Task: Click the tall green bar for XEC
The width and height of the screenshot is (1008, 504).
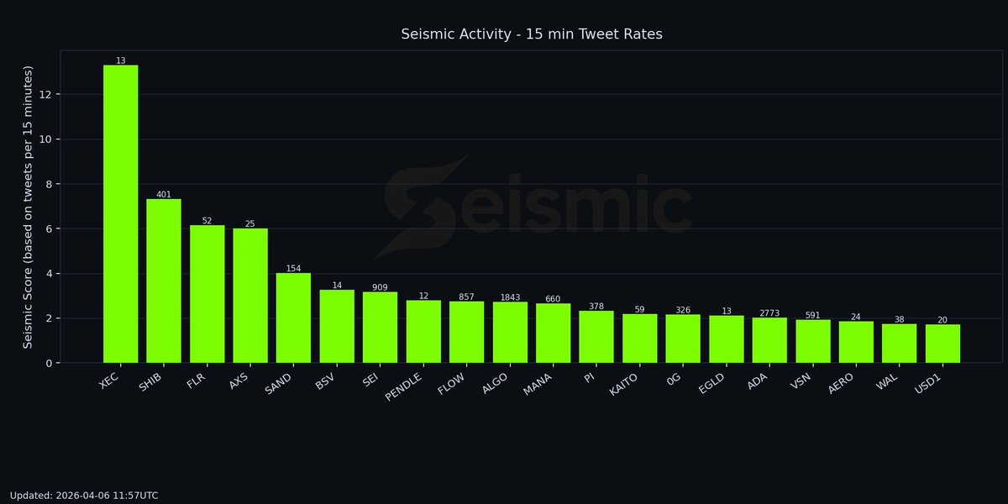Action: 121,214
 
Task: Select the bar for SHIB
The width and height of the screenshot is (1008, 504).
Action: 164,281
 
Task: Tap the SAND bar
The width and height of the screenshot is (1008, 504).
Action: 294,318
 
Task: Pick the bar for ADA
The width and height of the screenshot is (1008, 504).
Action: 769,340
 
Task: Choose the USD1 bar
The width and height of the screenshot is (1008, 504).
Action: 942,344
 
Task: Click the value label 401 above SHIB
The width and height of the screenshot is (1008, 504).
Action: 164,194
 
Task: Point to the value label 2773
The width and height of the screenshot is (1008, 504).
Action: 769,313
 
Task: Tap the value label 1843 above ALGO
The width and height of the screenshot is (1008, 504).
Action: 510,297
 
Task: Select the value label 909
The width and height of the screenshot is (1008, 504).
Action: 381,287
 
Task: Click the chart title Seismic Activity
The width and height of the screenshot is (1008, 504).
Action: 532,34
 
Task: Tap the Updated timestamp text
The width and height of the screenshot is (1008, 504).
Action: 84,496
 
